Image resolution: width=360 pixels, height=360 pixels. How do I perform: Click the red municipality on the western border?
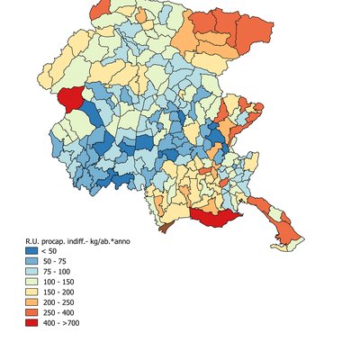70,101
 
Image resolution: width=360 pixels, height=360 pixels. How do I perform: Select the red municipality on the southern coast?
216,215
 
